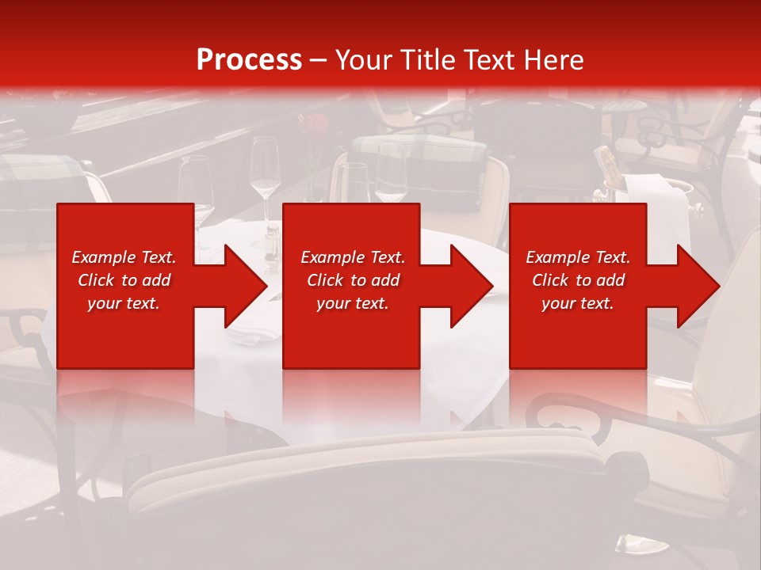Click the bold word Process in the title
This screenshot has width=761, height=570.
pos(249,59)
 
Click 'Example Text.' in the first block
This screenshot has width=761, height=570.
pos(124,257)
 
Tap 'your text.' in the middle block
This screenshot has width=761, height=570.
pos(352,303)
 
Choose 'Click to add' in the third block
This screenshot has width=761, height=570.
pos(578,280)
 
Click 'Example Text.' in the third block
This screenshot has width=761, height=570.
pos(578,257)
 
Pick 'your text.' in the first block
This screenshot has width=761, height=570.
pos(124,303)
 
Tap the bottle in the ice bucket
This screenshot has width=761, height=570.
pos(608,167)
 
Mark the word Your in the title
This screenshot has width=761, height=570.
pos(365,59)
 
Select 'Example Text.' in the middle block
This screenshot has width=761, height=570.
pos(352,257)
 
